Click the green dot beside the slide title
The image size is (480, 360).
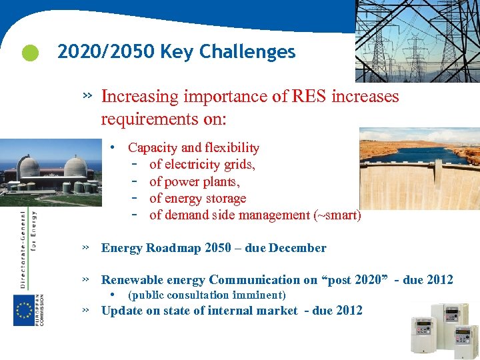tap(29, 53)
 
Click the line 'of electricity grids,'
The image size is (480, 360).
tap(202, 164)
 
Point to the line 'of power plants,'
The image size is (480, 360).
tap(195, 181)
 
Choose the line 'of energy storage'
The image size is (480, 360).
tap(197, 198)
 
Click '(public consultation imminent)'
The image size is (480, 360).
tap(207, 295)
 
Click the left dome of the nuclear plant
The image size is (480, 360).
tap(30, 167)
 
